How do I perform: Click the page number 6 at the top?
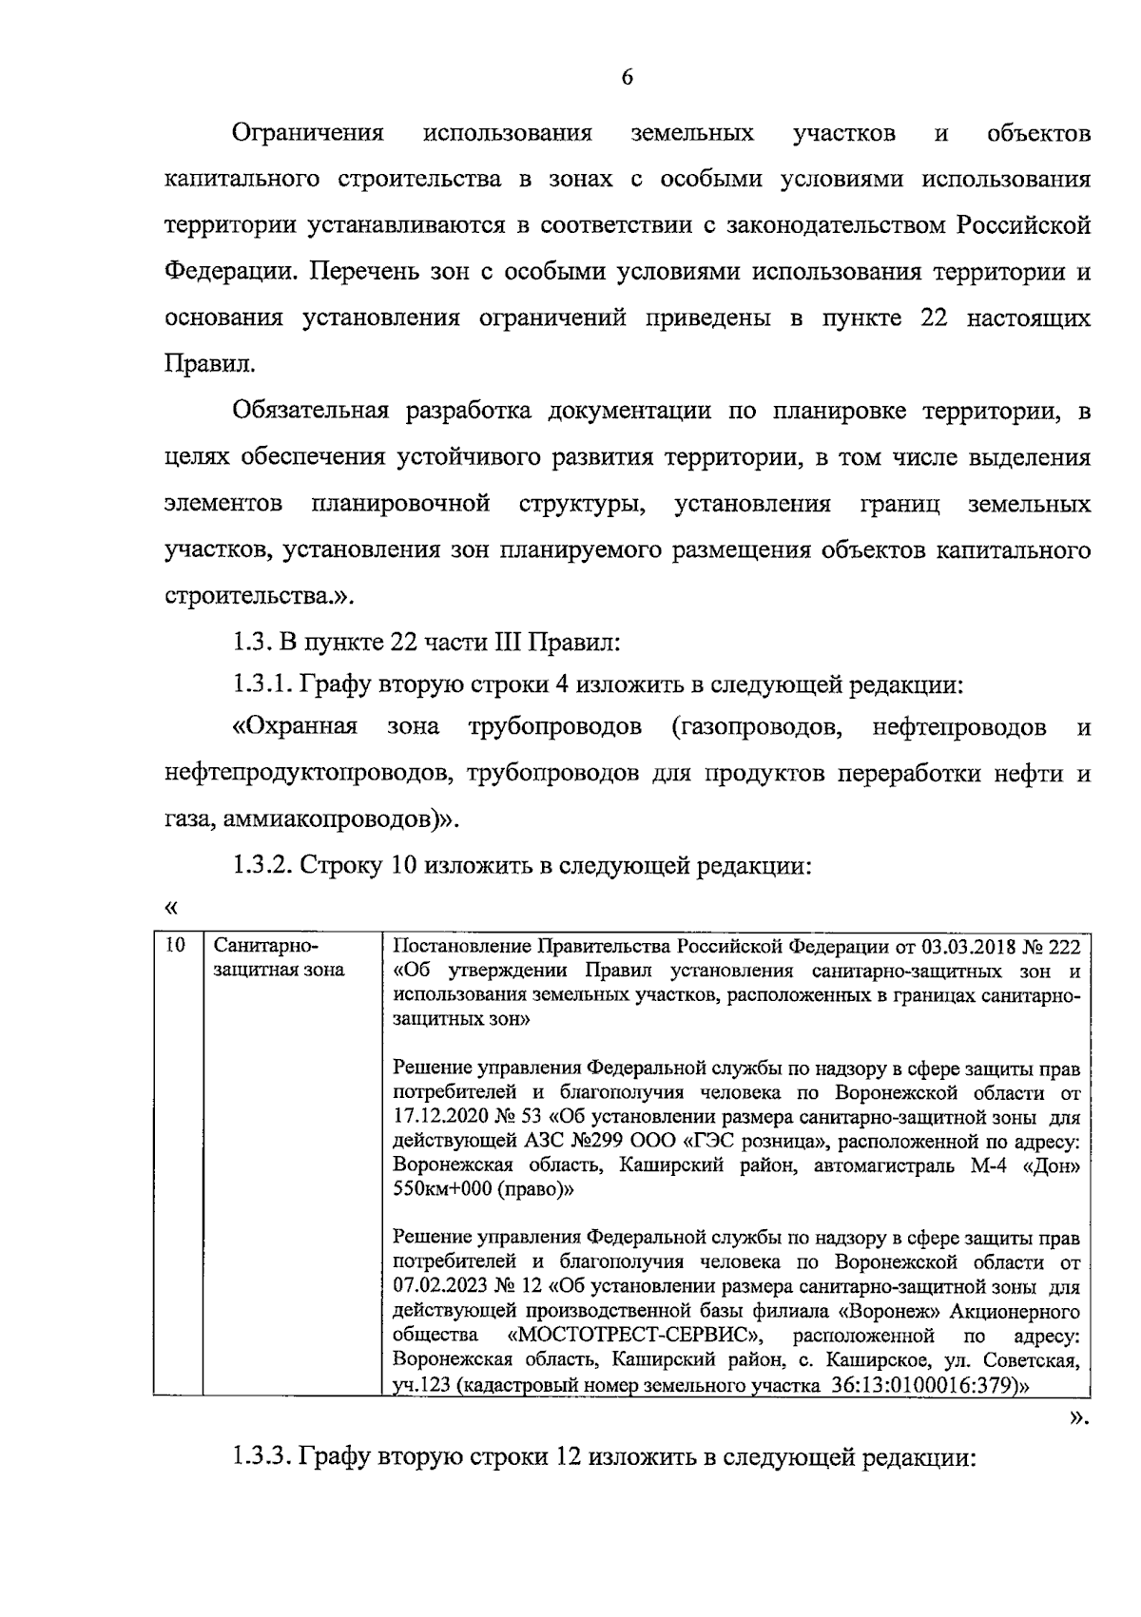pos(627,78)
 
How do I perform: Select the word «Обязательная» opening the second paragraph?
pos(311,411)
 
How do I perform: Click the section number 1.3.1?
pos(263,685)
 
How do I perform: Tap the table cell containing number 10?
pos(174,946)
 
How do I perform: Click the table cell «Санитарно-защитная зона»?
pos(279,958)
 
